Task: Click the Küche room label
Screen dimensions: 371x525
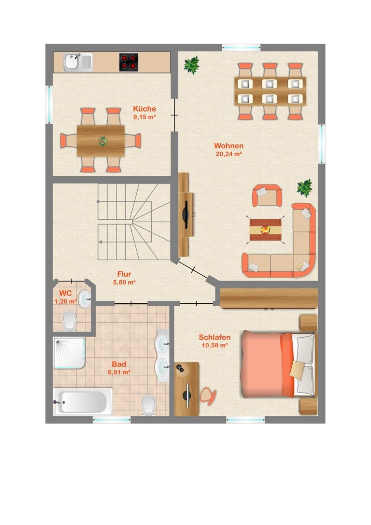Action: coord(144,109)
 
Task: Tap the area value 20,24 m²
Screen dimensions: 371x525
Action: coord(229,154)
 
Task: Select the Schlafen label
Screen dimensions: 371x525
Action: coord(214,337)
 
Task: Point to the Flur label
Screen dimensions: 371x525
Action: coord(124,274)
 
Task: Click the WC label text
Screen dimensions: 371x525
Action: coord(65,294)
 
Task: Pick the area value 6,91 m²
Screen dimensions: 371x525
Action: coord(119,372)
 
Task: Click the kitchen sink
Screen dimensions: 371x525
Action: coord(78,62)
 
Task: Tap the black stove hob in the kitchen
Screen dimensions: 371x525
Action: coord(128,62)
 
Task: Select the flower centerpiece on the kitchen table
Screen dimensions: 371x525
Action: coord(103,142)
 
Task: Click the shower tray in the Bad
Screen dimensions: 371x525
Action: coord(69,353)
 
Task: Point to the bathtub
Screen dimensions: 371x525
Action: coord(83,402)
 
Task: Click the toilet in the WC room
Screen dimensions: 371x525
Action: coord(70,321)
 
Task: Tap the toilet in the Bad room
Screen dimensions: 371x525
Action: coord(148,405)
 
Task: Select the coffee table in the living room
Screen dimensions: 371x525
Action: coord(265,230)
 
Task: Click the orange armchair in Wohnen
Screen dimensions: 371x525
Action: coord(267,196)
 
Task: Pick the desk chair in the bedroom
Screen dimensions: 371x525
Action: coord(208,397)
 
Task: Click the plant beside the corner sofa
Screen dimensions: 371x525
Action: coord(304,187)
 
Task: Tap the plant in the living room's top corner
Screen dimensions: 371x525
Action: coord(191,65)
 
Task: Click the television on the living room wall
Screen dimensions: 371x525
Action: coord(186,214)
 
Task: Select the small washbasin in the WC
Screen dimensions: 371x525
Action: coord(85,299)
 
